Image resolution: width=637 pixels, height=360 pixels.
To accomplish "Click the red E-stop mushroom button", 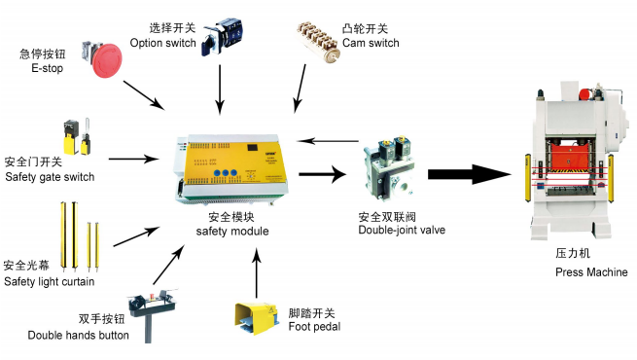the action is point(106,60).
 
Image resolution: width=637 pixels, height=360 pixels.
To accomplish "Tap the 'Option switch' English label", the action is point(163,43).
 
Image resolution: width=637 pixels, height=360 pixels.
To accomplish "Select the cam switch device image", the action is point(318,42).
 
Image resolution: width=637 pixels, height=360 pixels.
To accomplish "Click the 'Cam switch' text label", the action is point(371,43).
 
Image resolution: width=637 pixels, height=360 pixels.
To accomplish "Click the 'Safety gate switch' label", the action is point(50,177).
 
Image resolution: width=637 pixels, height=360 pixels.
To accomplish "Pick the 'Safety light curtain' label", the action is point(50,281).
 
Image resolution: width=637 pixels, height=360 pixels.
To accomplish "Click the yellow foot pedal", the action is point(256,318).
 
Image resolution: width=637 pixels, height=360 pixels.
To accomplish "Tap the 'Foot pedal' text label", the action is point(314,326).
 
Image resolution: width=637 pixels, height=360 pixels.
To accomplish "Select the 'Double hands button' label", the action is point(79,336).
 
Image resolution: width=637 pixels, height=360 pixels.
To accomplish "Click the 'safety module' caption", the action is point(232,232).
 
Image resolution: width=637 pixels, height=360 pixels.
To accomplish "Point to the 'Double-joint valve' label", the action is point(402,230).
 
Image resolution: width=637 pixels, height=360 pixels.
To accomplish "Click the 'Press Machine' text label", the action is point(591,271).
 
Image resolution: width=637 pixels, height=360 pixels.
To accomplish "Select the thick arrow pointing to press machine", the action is point(470,174).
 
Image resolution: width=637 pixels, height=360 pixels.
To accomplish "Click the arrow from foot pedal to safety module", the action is point(257,272).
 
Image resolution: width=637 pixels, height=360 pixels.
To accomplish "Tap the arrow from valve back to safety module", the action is point(328,141).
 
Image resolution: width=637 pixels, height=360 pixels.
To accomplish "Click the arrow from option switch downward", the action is point(220,90).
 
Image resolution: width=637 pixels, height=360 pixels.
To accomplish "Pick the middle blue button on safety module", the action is point(225,173).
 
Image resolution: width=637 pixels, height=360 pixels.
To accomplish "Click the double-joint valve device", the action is point(388,168).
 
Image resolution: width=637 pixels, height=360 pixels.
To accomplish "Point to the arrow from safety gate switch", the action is point(133,159).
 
